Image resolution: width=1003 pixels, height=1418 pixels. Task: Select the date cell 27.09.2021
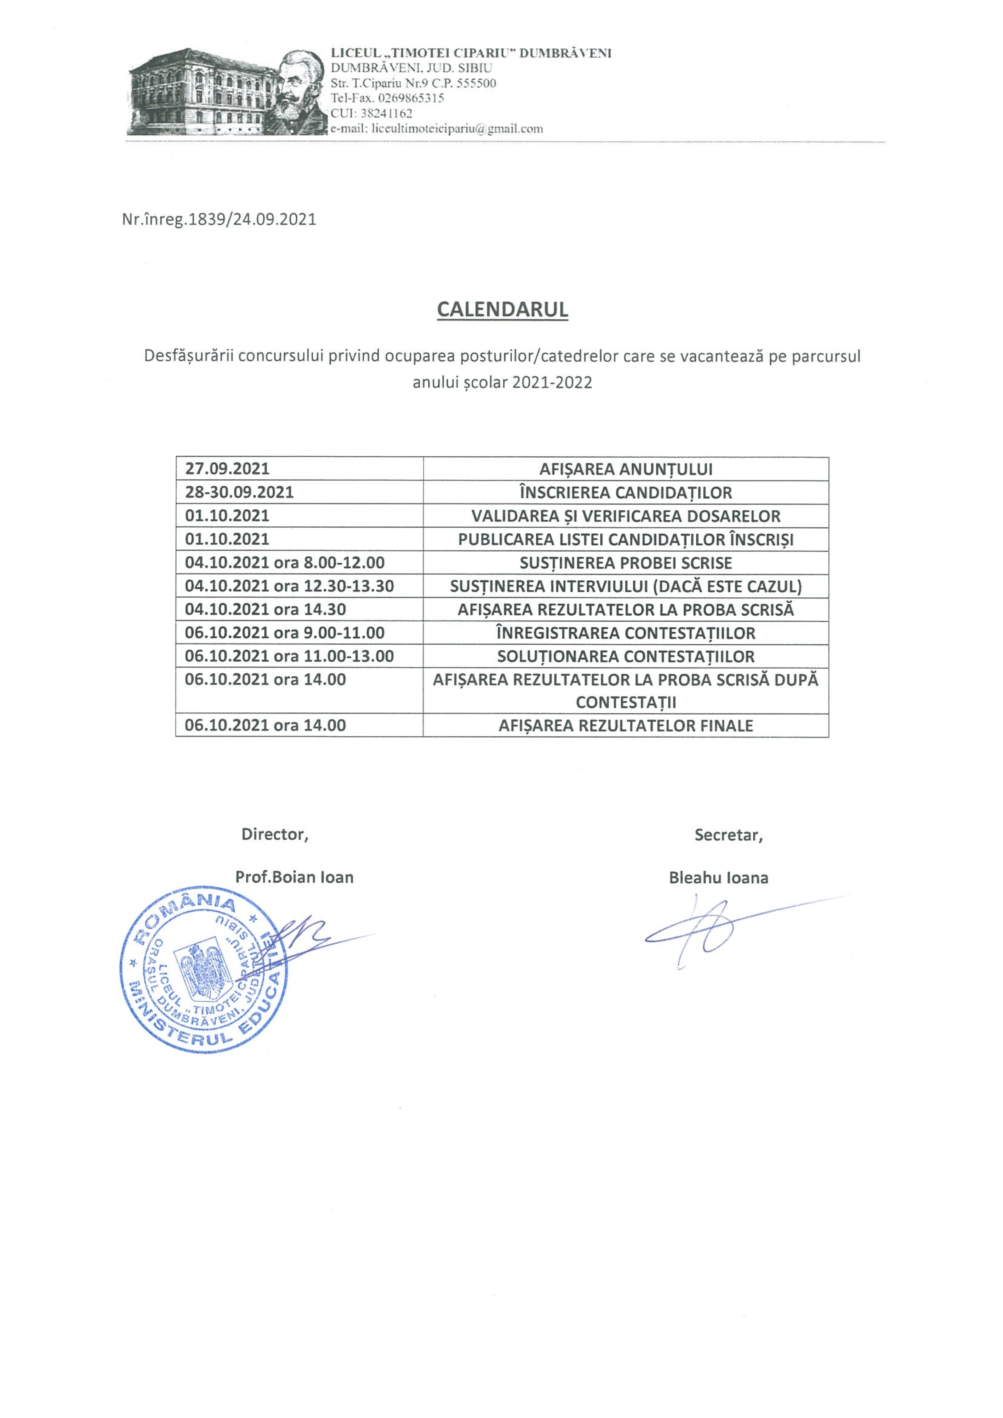(227, 469)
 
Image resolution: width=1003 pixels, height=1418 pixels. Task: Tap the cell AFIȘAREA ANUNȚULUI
(626, 469)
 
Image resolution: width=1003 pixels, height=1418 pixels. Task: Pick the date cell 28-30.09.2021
(239, 492)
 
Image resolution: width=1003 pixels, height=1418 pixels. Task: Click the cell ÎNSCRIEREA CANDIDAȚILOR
(626, 493)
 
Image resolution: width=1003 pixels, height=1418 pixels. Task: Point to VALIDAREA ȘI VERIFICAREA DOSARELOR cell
(626, 516)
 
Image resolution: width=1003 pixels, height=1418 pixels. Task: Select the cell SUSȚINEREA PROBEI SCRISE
(626, 563)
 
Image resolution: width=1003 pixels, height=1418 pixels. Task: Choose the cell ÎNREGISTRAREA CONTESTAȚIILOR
(626, 633)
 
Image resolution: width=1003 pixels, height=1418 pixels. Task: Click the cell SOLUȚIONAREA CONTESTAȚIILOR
(626, 656)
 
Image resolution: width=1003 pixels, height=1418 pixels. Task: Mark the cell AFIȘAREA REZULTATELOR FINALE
(626, 725)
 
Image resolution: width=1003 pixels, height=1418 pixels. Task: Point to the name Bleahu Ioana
(718, 878)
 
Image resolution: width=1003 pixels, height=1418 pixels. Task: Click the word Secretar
(728, 835)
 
